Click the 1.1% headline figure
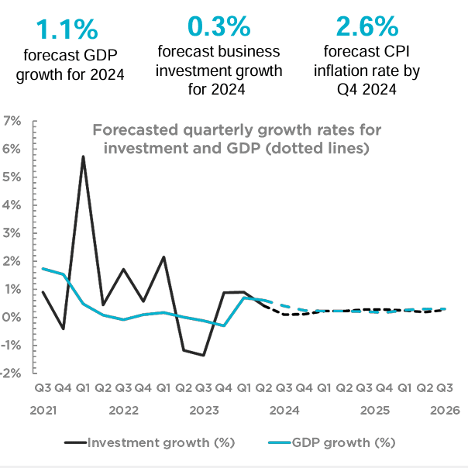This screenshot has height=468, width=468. [x=67, y=29]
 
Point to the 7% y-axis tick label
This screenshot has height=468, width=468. [x=12, y=122]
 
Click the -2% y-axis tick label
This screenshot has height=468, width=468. [x=11, y=373]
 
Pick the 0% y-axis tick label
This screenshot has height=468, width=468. [x=12, y=317]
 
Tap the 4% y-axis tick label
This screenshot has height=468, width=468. [x=12, y=205]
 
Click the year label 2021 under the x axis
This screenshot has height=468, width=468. [x=43, y=408]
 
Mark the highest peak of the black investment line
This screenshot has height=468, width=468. [x=83, y=157]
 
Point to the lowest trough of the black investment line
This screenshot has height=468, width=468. [x=203, y=356]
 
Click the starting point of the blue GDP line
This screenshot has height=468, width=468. [x=43, y=269]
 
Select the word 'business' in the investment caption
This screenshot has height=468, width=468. [x=251, y=53]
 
